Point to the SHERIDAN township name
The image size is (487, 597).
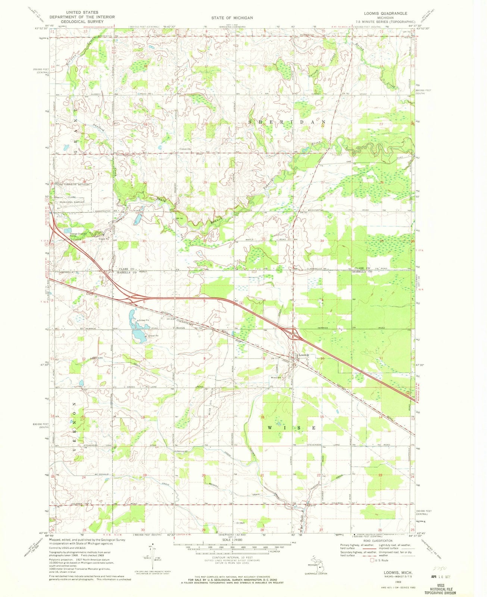tap(287, 122)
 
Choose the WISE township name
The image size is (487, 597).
tap(292, 427)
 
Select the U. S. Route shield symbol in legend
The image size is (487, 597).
tap(372, 560)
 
